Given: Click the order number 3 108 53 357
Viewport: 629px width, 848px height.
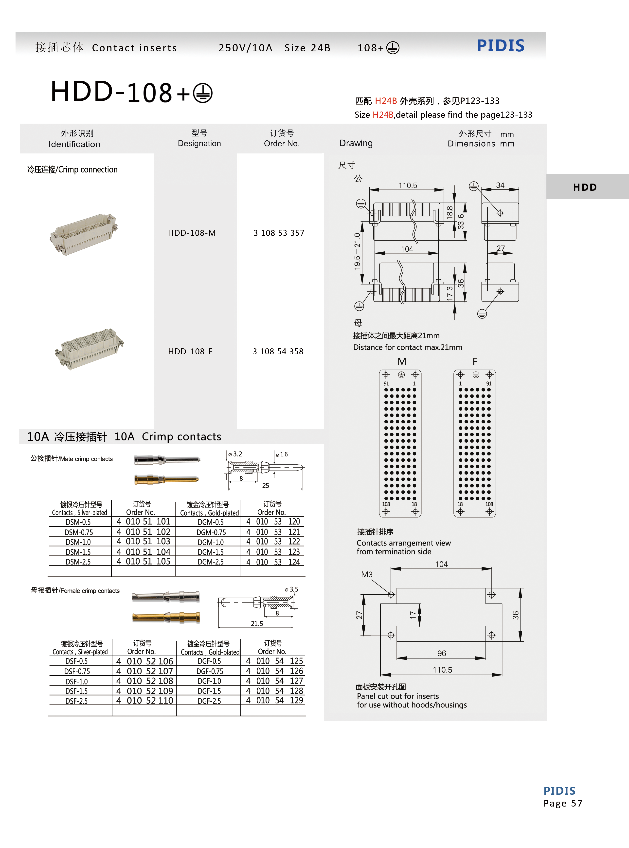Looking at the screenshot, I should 279,233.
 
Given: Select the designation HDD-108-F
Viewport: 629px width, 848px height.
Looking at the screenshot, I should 190,351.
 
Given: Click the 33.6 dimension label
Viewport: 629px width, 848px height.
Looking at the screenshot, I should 461,221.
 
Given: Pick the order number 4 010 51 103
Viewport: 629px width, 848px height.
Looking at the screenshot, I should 143,541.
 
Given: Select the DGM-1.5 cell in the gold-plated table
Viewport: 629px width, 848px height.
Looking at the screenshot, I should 211,552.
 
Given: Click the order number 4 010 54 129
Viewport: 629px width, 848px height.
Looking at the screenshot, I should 274,700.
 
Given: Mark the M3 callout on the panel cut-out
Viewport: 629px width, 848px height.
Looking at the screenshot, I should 367,574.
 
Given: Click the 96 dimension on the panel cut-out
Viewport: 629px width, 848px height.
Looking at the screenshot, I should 441,653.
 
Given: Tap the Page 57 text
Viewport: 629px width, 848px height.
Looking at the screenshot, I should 562,803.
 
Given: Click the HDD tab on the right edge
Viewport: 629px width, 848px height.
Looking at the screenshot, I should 585,187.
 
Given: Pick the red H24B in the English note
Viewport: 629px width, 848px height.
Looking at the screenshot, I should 383,115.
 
